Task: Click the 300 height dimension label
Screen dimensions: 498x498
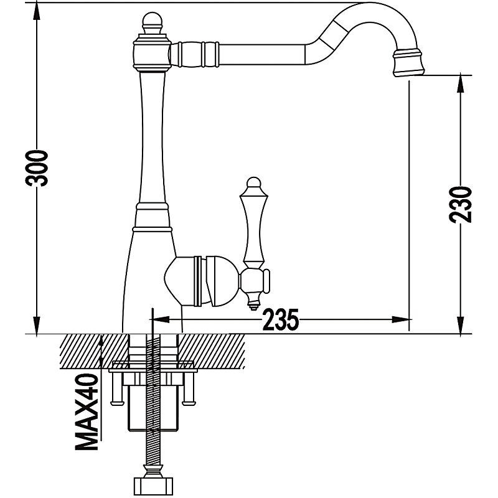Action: [x=39, y=168]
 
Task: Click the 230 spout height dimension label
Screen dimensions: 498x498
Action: [x=461, y=204]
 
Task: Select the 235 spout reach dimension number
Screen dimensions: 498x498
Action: [x=280, y=320]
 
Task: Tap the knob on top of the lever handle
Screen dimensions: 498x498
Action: [x=252, y=184]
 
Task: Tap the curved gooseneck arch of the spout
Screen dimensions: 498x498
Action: [x=367, y=19]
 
